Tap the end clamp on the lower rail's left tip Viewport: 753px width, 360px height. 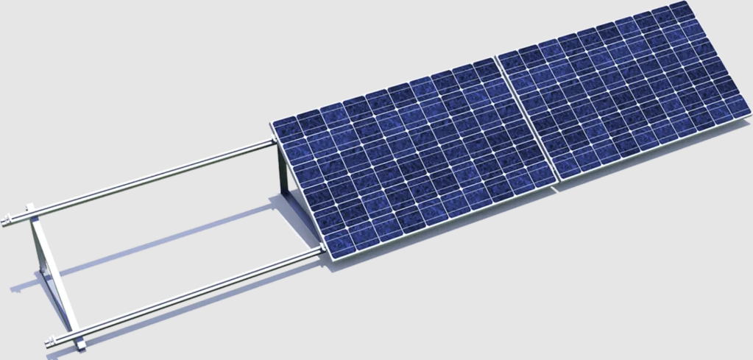click(50, 342)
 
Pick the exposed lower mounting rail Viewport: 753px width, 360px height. click(191, 294)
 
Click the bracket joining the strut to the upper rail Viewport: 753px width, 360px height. click(29, 210)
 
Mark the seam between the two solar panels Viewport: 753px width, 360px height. click(527, 121)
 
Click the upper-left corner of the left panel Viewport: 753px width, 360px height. click(272, 121)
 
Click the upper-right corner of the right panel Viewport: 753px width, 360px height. click(690, 2)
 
